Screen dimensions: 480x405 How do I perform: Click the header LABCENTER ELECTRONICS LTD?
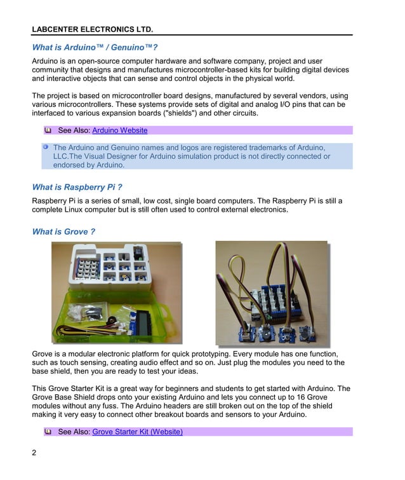[92, 29]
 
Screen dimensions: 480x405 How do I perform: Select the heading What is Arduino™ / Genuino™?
[95, 48]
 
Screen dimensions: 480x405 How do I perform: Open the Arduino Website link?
[120, 130]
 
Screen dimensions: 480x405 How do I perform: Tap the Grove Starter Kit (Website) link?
[137, 432]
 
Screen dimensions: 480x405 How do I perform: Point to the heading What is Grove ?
[63, 231]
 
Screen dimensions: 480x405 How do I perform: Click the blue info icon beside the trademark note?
[46, 147]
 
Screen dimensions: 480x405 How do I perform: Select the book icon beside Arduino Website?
[48, 130]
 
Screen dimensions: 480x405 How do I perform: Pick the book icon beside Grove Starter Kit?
[48, 432]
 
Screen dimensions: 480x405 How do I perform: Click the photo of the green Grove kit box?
[116, 292]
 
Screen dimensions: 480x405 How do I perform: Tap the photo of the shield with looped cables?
[271, 292]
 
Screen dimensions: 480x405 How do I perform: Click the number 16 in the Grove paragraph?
[324, 397]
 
